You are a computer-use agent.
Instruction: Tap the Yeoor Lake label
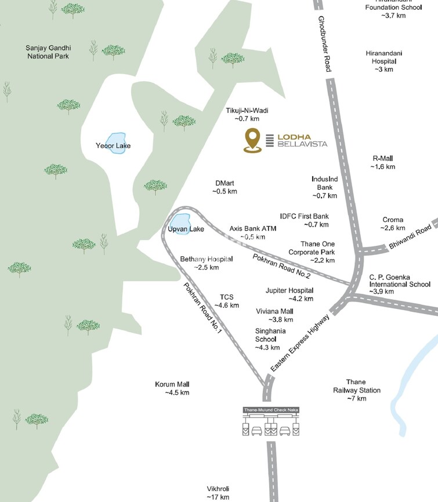(113, 145)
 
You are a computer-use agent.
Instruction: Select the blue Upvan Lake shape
(182, 221)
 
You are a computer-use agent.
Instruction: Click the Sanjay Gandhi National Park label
(47, 52)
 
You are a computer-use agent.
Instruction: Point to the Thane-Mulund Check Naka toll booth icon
(270, 423)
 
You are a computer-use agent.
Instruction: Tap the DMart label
(225, 183)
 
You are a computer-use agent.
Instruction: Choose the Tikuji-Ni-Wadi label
(247, 110)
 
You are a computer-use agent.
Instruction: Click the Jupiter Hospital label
(289, 290)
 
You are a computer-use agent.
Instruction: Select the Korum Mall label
(172, 384)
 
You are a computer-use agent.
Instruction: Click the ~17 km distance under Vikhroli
(218, 497)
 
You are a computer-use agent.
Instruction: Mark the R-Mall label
(382, 158)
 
